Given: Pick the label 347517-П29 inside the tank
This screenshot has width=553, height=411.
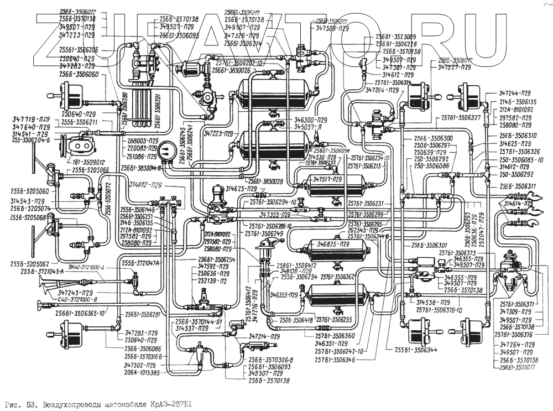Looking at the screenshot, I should pos(330,180).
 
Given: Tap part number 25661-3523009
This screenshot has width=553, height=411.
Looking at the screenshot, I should pos(397,37).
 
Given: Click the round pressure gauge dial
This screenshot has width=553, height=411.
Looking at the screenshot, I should pos(165,152).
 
